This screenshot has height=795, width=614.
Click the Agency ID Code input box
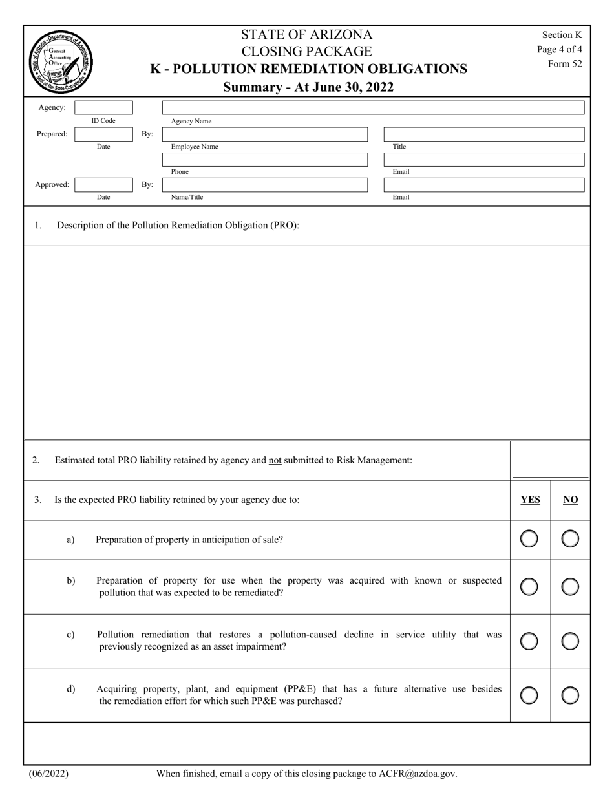103,108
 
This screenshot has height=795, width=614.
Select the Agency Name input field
373,108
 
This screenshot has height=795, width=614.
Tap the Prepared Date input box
103,134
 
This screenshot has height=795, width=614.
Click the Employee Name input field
265,134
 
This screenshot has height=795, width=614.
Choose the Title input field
484,134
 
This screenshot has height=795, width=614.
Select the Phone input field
265,160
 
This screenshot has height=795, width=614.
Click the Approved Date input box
103,185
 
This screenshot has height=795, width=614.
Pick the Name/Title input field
265,185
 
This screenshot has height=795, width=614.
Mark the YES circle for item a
529,538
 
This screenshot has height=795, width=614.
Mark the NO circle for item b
570,587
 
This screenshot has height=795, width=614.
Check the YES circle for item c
529,641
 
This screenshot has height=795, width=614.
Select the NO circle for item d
570,695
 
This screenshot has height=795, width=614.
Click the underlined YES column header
530,500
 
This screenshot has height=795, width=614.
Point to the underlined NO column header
571,500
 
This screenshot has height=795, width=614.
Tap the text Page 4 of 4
560,49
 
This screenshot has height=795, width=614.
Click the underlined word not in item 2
275,460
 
